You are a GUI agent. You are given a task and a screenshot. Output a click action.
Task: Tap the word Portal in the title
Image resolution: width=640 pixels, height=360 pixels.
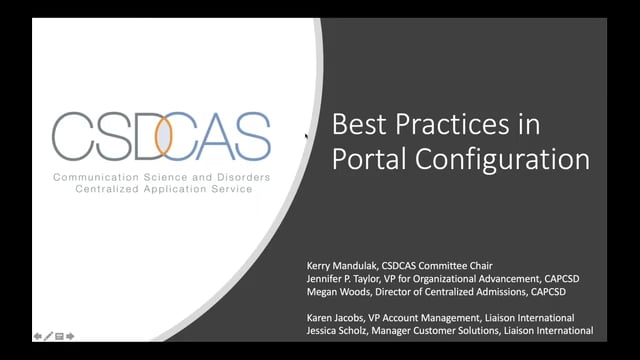[x=367, y=160]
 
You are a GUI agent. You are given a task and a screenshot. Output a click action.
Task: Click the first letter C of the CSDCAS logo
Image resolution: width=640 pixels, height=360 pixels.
[x=73, y=138]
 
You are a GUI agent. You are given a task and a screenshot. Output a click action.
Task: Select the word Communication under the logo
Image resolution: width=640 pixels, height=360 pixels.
[x=91, y=176]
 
